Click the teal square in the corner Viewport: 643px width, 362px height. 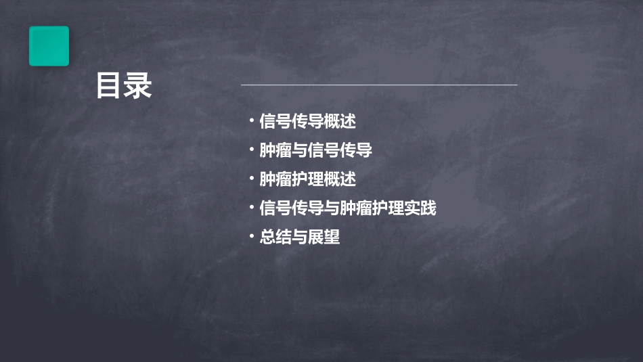(49, 46)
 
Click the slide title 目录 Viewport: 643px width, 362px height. (124, 87)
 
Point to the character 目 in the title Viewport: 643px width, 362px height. (109, 87)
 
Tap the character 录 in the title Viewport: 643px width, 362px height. (139, 87)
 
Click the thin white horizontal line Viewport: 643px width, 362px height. (379, 85)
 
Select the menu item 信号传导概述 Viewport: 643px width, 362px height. (307, 122)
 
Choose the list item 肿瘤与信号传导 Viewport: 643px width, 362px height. (315, 150)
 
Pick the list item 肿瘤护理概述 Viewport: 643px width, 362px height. (307, 179)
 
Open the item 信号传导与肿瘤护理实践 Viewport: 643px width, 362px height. (348, 208)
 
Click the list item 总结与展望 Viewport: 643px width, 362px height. (299, 237)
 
